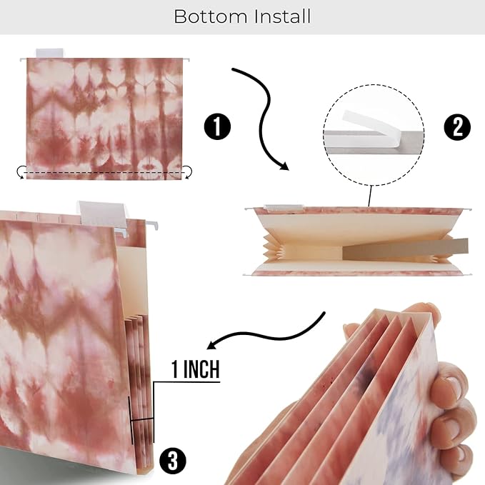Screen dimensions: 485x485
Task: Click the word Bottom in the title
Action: point(211,16)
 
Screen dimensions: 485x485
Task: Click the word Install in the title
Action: point(282,16)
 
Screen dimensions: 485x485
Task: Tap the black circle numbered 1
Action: point(217,127)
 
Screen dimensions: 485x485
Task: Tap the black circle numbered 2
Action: point(457,127)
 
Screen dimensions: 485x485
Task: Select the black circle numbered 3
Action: point(173,461)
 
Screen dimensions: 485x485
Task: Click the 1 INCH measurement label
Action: point(196,369)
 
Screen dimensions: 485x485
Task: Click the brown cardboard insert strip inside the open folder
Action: point(405,249)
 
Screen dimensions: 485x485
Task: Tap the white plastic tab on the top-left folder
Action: point(49,53)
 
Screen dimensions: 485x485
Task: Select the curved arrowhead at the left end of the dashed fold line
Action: point(21,172)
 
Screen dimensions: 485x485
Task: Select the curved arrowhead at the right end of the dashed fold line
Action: point(188,172)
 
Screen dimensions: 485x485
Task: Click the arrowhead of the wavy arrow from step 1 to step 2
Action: point(284,166)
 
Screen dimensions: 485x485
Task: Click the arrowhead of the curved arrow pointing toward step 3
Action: point(211,344)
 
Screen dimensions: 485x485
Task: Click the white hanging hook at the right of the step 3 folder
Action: point(152,225)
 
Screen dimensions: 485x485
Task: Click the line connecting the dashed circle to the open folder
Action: point(369,196)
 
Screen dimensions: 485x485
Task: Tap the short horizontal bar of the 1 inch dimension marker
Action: point(142,420)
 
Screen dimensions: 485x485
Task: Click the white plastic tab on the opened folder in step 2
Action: point(283,208)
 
